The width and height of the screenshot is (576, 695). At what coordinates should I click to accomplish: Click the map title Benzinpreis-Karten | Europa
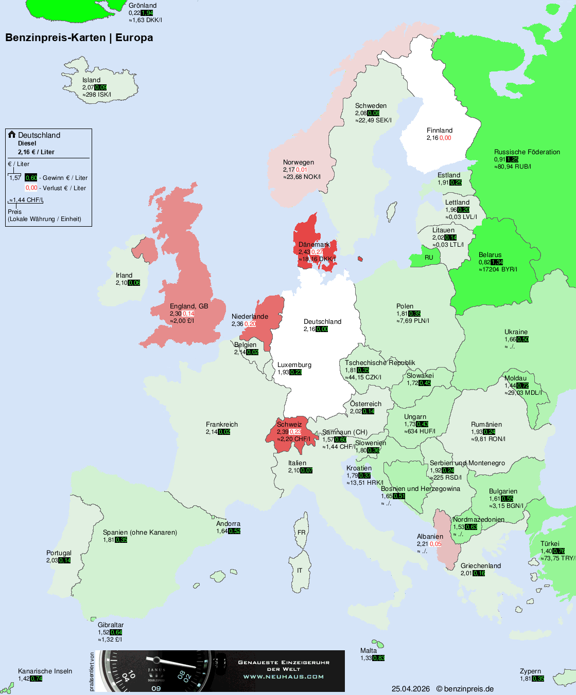click(x=79, y=38)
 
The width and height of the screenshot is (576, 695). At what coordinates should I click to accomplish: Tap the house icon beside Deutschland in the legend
click(x=12, y=135)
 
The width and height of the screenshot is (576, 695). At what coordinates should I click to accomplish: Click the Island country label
click(x=91, y=80)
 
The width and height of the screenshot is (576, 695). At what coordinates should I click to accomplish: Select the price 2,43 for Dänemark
click(x=304, y=252)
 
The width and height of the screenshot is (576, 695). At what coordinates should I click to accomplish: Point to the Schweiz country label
click(x=289, y=425)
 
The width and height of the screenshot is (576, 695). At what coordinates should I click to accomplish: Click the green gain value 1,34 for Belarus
click(x=497, y=262)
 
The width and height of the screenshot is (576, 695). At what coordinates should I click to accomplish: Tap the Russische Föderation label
click(x=527, y=152)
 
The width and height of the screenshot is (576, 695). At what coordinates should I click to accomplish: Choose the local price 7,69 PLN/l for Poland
click(x=413, y=321)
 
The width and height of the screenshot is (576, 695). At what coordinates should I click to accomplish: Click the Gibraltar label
click(x=111, y=625)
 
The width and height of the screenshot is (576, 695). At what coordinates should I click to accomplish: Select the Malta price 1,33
click(x=366, y=658)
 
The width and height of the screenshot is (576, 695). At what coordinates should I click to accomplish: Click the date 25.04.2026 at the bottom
click(x=410, y=689)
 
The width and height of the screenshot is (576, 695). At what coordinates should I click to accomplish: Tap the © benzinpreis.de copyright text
click(x=465, y=689)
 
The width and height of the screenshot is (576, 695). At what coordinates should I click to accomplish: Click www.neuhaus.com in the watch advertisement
click(x=284, y=676)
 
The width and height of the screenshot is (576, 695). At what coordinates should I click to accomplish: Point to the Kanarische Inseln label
click(x=45, y=671)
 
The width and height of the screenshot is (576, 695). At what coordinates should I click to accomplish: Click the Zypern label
click(x=530, y=671)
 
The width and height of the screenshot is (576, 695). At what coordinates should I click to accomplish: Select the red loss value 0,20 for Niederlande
click(x=250, y=324)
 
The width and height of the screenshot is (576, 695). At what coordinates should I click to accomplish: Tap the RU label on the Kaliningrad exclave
click(x=429, y=258)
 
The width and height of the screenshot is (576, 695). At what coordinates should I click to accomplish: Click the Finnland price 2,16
click(x=432, y=138)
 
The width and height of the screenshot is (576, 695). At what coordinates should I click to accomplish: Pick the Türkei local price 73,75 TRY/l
click(x=558, y=558)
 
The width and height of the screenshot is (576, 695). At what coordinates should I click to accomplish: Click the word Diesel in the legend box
click(x=27, y=143)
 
